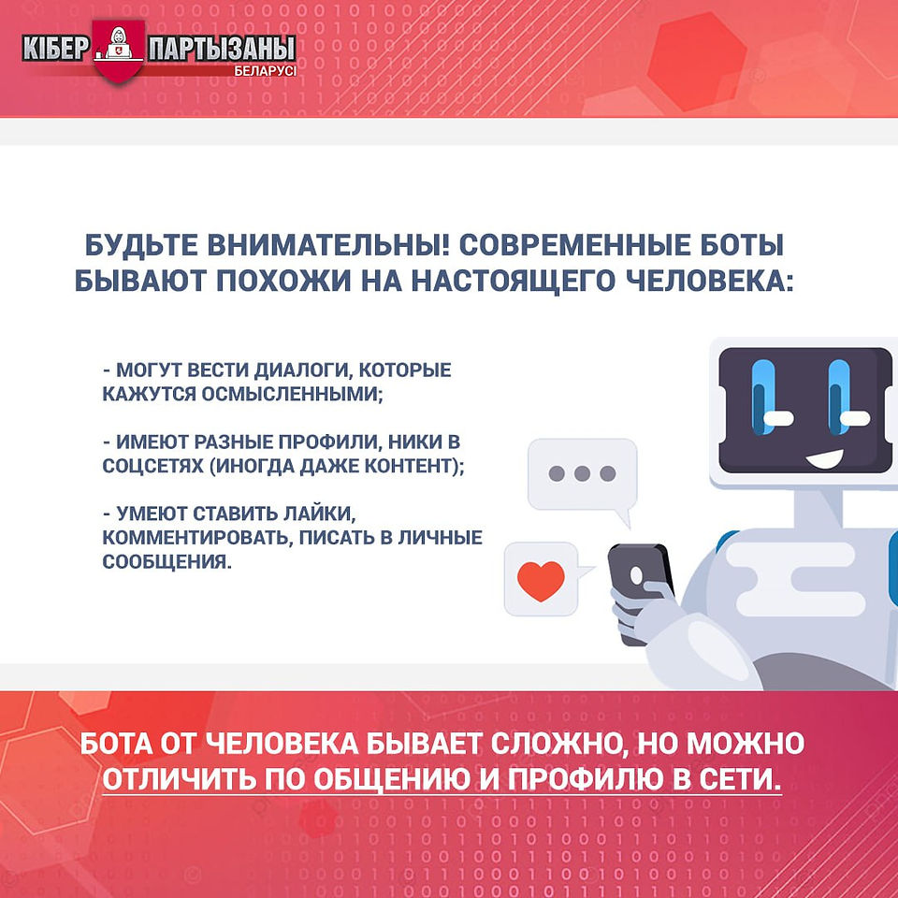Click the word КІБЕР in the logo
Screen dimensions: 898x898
pos(55,49)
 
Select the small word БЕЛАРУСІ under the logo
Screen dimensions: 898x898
pos(265,72)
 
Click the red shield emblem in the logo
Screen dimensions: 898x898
pos(119,51)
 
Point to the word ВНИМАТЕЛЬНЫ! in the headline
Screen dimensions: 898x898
pos(328,245)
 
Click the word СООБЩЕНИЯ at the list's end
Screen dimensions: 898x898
pos(167,562)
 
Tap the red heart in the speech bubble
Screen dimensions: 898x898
pos(540,580)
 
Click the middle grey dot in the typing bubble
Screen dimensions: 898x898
pos(582,473)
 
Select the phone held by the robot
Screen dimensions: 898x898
pos(642,590)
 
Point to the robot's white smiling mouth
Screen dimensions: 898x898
pos(825,458)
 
